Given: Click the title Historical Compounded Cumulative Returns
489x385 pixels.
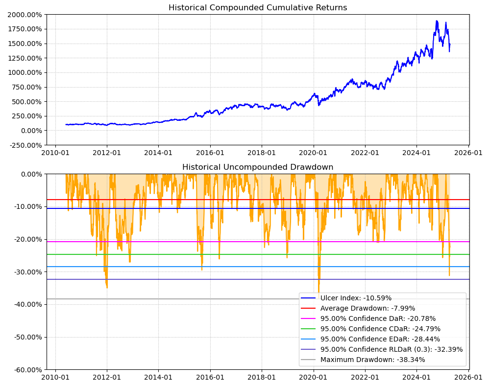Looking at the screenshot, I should (x=258, y=8).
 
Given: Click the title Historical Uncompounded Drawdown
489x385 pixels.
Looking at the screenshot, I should (x=258, y=167).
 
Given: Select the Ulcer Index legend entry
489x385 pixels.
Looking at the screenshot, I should (x=356, y=298).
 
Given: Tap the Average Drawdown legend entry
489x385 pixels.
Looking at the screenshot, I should (x=367, y=308).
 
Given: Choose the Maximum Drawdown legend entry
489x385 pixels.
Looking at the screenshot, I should (x=372, y=360).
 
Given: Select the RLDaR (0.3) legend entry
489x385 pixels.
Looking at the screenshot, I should (x=391, y=349).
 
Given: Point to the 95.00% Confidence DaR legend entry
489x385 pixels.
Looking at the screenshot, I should (x=378, y=318).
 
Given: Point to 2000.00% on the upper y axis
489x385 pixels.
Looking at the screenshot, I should (x=24, y=15).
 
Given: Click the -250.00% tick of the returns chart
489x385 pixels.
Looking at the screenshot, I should (x=24, y=145).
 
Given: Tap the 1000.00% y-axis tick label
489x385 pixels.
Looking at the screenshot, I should (x=24, y=72).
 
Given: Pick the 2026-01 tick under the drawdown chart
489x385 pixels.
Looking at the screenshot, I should (x=468, y=377).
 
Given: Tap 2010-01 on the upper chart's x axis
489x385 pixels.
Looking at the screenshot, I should (x=55, y=153).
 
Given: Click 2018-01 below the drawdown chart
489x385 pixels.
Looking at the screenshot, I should (x=262, y=377).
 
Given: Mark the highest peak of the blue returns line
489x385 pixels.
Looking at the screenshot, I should (x=436, y=21).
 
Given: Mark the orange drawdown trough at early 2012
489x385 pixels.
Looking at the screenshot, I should (x=107, y=287).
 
